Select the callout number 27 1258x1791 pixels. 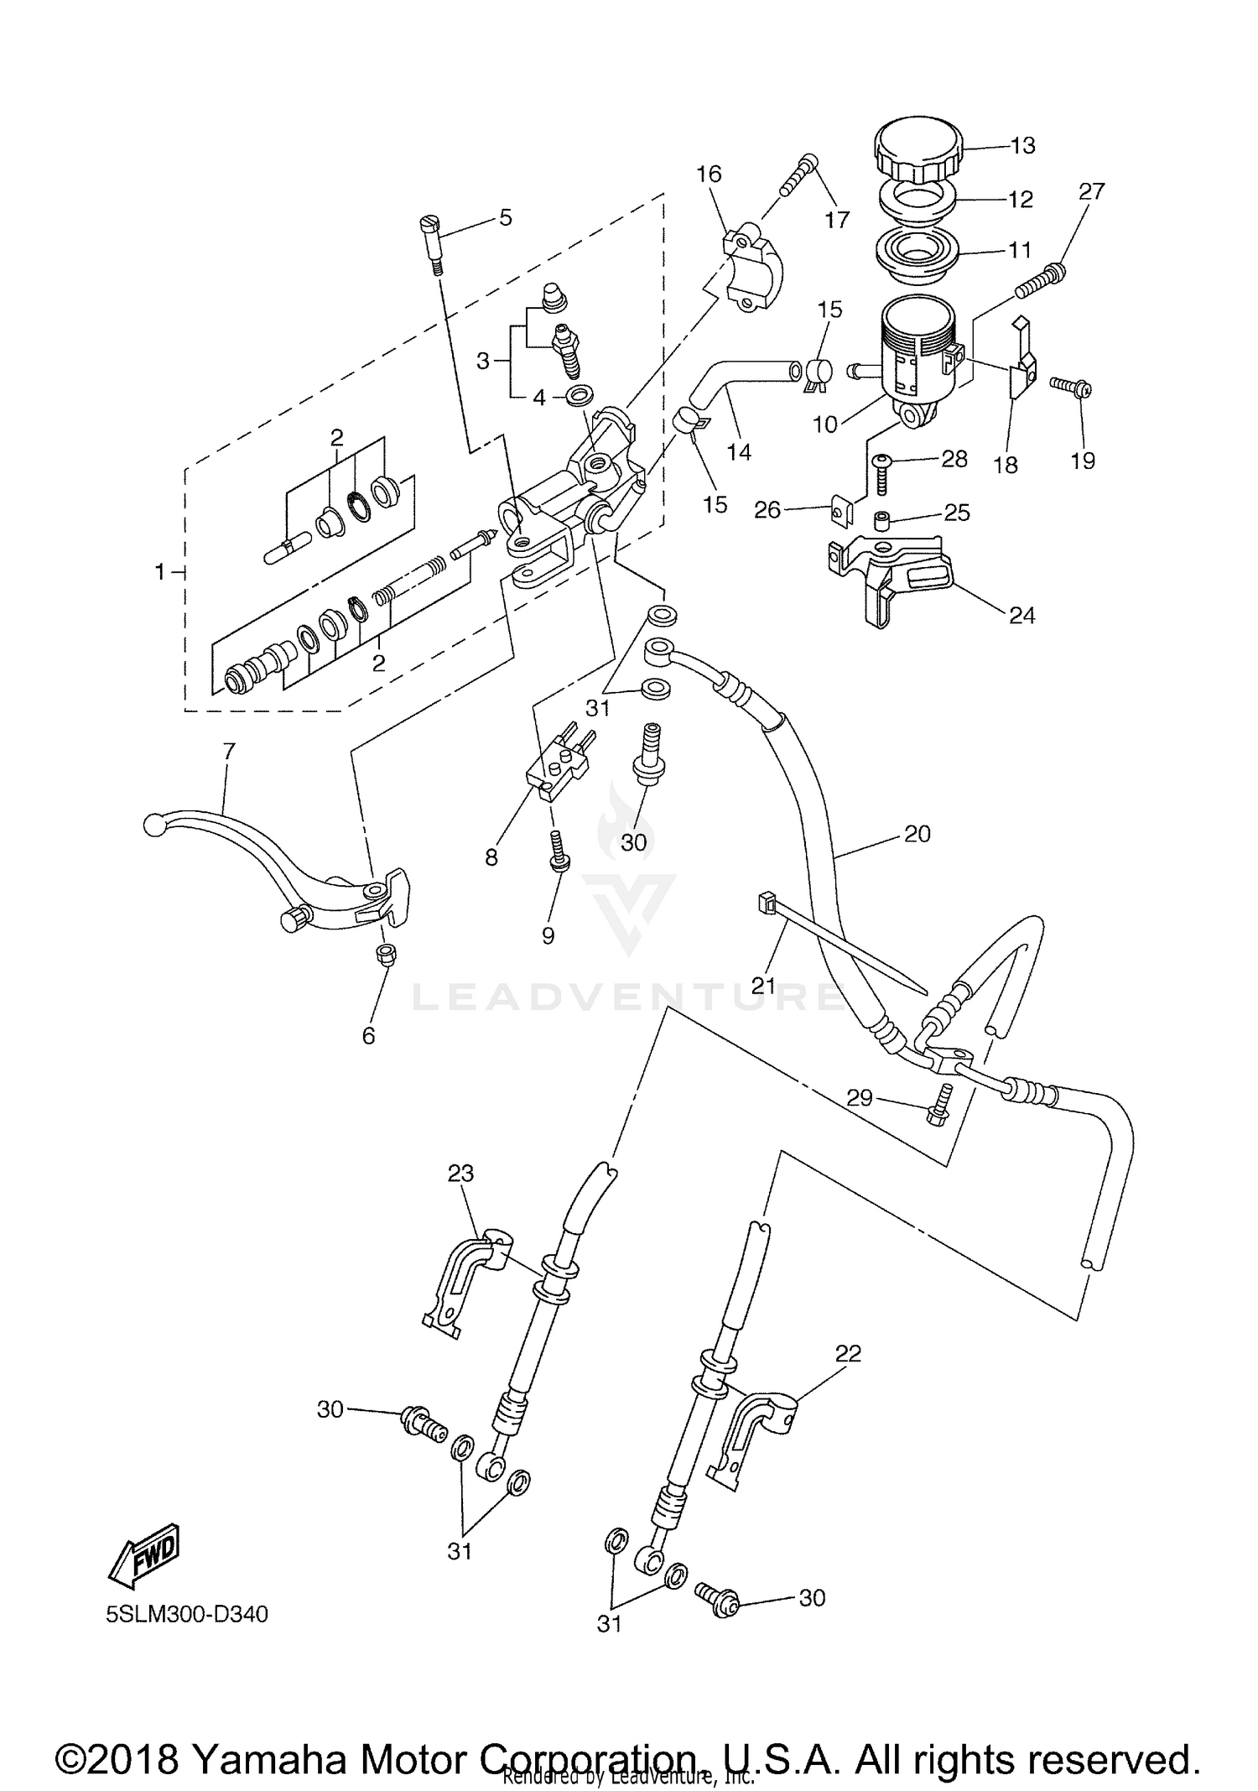coord(1091,191)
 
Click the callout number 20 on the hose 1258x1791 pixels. coord(918,833)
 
